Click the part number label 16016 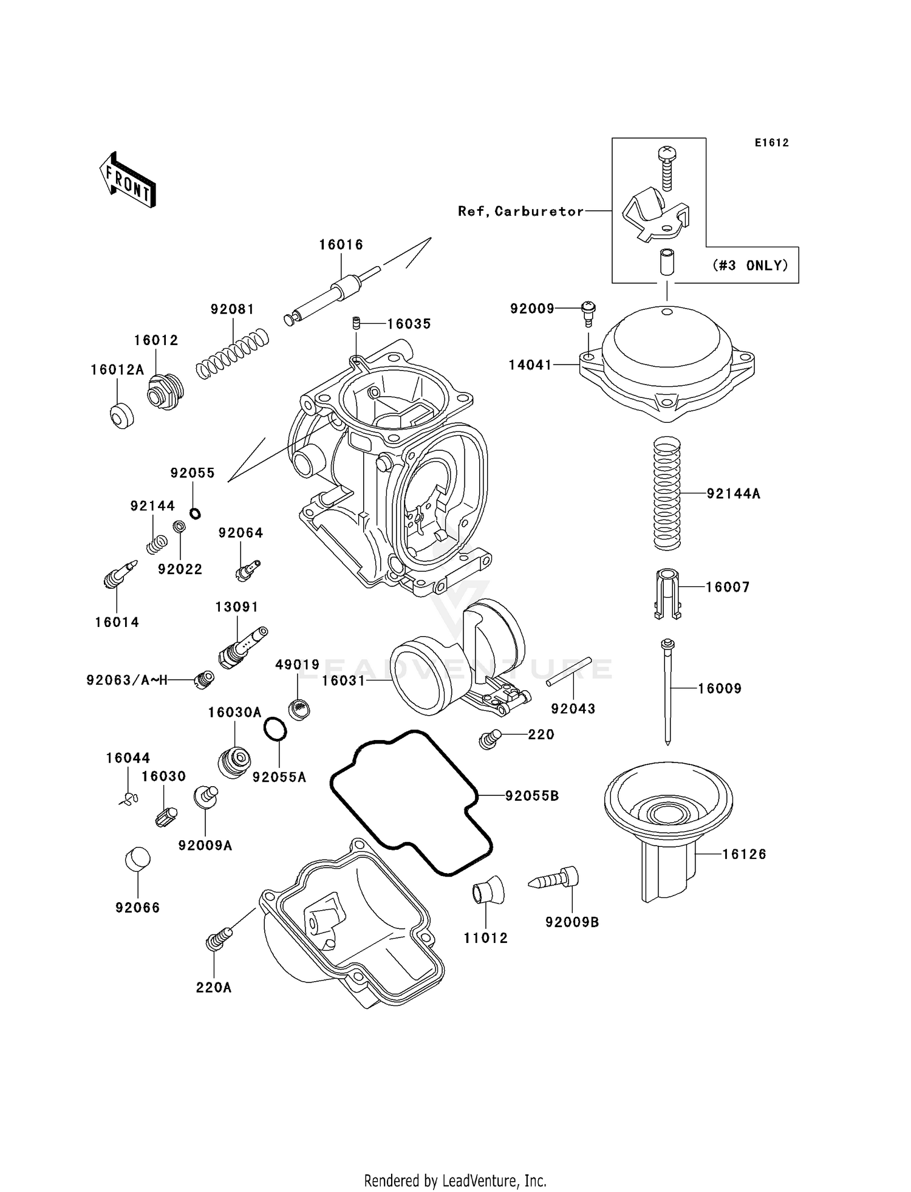coord(341,245)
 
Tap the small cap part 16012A coord(121,416)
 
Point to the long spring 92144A coord(667,493)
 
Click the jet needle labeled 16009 coord(667,693)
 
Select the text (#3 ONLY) coord(751,265)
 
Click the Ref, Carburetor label coord(520,211)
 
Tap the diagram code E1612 coord(771,143)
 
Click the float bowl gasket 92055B coord(412,803)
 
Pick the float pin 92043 coord(568,672)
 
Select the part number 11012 coord(485,938)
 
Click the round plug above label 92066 coord(137,860)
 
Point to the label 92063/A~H coord(127,680)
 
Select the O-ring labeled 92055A coord(275,729)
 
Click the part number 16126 coord(744,854)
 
